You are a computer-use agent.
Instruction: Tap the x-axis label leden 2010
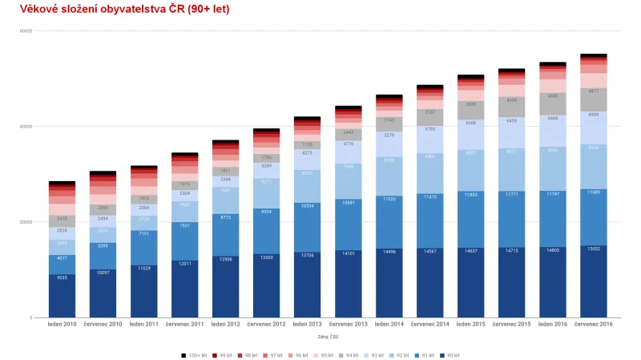point(62,324)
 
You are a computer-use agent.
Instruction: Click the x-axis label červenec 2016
point(593,324)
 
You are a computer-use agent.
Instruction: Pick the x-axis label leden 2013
point(308,324)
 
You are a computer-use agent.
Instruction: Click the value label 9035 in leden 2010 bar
point(62,277)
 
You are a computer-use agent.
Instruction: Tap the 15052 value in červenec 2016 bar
point(594,249)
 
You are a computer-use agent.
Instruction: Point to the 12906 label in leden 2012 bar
point(226,259)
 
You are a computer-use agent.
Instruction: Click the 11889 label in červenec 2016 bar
point(594,192)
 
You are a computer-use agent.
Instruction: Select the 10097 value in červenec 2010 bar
point(103,273)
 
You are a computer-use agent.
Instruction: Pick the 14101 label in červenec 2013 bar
point(349,253)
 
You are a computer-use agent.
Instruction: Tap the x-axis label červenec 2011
point(184,324)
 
